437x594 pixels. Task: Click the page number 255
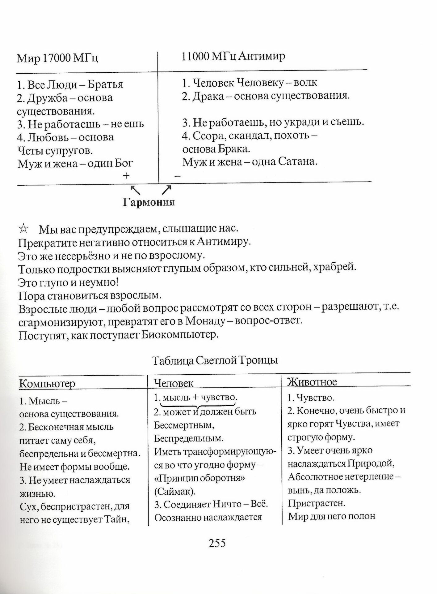(x=217, y=543)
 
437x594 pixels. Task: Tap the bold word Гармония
(x=149, y=202)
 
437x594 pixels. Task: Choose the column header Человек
(x=174, y=383)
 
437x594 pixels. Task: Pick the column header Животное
(x=312, y=382)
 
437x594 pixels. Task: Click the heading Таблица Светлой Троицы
(x=215, y=360)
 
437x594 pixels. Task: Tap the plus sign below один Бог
(x=126, y=176)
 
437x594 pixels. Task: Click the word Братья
(x=105, y=84)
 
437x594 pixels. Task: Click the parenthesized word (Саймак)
(x=175, y=491)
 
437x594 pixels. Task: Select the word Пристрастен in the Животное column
(x=316, y=503)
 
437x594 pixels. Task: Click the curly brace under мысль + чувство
(x=198, y=405)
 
